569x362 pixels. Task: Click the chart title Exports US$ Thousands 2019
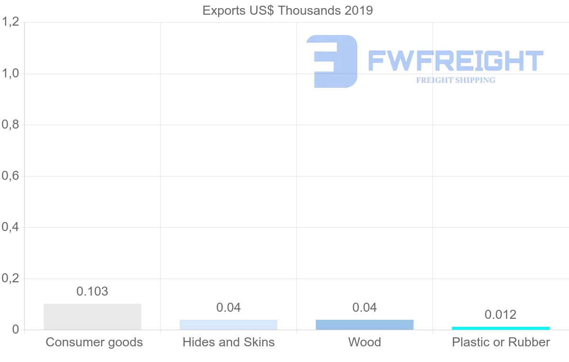[x=287, y=10]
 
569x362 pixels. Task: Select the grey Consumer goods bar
[x=92, y=316]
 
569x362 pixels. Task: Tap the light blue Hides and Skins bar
[x=229, y=325]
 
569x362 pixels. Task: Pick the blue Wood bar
[x=365, y=325]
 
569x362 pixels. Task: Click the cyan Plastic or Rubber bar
[x=501, y=328]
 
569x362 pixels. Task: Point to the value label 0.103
[x=92, y=291]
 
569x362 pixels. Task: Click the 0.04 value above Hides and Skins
[x=229, y=307]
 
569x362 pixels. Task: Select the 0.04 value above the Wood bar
[x=365, y=307]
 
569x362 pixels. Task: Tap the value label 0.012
[x=501, y=315]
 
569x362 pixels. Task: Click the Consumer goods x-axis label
[x=94, y=342]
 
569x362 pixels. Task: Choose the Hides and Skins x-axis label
[x=229, y=342]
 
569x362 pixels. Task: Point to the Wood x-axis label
[x=365, y=342]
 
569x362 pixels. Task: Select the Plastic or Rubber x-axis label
[x=501, y=342]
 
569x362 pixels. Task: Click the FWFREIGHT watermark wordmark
[x=456, y=61]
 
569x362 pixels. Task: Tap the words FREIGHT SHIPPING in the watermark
[x=456, y=80]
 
